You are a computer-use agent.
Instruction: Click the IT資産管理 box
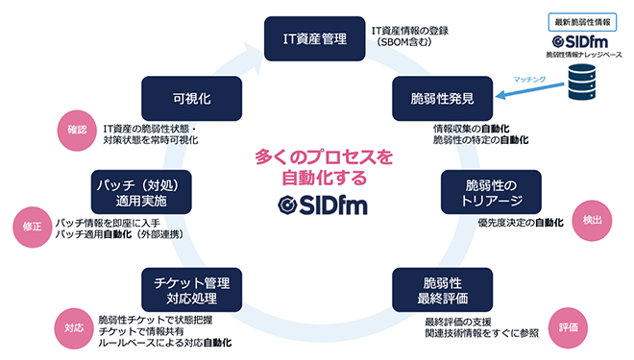[314, 38]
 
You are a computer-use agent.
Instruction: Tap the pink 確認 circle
[78, 130]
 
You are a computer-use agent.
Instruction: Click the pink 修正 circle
[29, 227]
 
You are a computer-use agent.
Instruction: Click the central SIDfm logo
[316, 204]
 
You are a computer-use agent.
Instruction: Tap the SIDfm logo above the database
[586, 42]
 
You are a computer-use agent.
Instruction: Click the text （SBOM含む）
[403, 44]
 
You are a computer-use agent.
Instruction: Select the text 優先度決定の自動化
[506, 223]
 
